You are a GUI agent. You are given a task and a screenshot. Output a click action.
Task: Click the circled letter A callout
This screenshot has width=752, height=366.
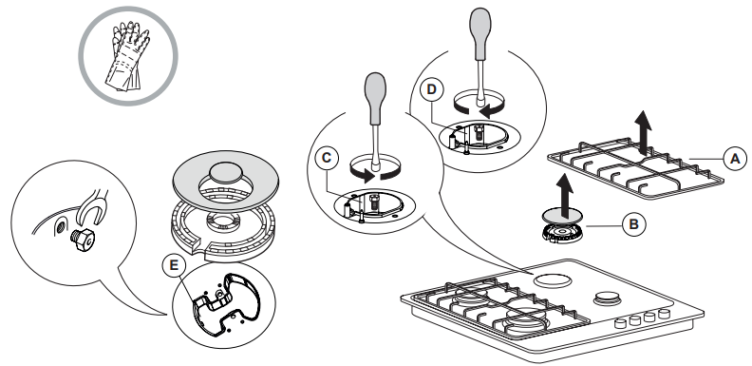[x=735, y=159]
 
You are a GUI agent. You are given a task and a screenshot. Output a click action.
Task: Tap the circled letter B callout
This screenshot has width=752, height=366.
[x=634, y=224]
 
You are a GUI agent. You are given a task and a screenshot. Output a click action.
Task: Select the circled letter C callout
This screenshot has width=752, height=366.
[x=327, y=159]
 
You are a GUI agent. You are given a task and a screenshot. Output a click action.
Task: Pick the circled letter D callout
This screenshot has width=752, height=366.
[x=432, y=89]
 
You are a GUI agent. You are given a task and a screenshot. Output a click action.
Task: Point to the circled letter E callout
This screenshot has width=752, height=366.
[x=174, y=265]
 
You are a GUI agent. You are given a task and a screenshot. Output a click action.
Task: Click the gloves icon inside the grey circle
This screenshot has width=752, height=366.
[x=128, y=56]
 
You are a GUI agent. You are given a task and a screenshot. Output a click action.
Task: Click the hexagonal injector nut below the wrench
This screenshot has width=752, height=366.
[x=82, y=239]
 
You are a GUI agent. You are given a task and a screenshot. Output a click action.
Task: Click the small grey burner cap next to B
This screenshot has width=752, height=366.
[x=561, y=215]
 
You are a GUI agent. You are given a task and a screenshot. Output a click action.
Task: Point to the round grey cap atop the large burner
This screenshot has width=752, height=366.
[x=225, y=171]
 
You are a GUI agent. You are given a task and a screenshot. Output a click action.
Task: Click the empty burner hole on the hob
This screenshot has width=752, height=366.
[x=553, y=280]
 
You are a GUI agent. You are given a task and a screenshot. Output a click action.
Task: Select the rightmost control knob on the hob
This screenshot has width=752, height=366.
[x=664, y=314]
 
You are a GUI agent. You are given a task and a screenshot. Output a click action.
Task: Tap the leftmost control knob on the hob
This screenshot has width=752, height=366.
[x=621, y=323]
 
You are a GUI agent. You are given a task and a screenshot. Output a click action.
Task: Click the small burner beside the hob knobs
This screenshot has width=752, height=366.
[x=607, y=299]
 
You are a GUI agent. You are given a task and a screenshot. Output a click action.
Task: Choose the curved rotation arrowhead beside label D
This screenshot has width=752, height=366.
[x=487, y=111]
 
